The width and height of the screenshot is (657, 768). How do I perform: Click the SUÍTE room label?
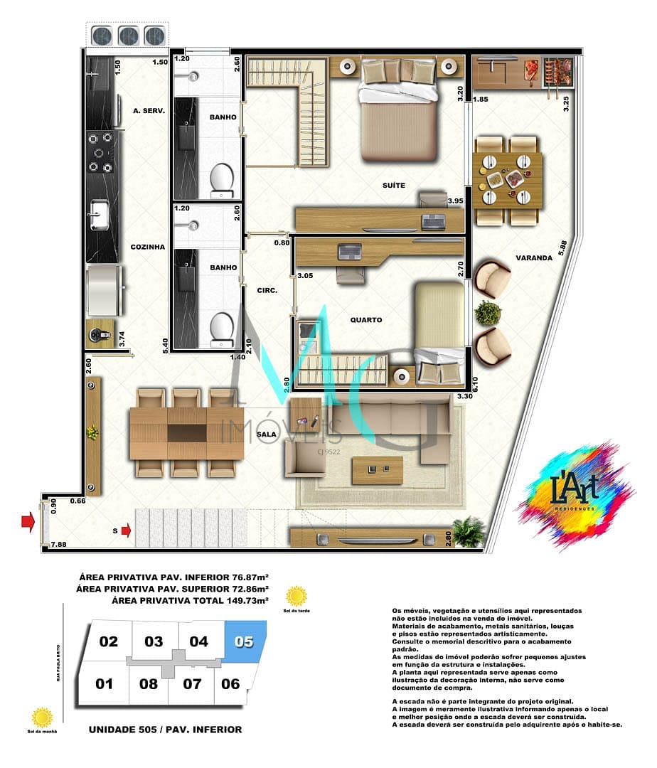392,186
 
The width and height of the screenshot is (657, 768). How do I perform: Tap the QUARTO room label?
366,320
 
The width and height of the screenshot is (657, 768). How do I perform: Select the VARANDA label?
535,258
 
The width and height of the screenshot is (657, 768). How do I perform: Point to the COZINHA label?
148,247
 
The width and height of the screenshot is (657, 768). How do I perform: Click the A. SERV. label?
149,111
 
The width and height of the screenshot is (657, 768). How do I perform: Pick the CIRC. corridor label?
267,290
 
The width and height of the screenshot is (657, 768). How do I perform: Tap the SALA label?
266,433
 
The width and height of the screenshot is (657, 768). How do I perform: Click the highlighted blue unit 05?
244,642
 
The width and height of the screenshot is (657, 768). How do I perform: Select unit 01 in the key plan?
105,684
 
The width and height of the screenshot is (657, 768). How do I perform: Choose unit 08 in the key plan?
149,684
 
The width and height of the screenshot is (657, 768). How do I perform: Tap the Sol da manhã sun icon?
43,715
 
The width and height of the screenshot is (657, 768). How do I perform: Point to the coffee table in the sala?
378,469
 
